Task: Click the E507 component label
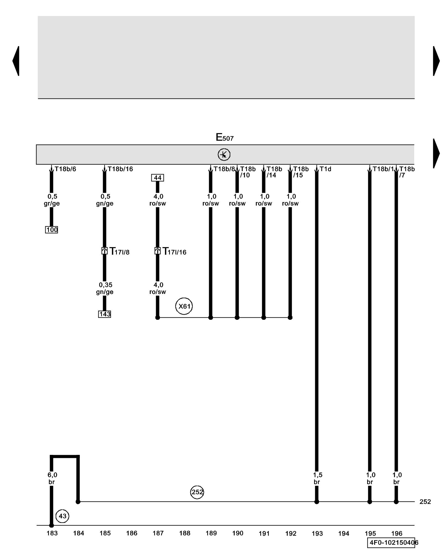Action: [224, 137]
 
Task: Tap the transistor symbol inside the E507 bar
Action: [224, 155]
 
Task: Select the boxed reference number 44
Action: [157, 178]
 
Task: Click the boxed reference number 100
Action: [52, 230]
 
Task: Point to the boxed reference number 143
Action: [104, 314]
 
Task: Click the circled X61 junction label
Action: [184, 306]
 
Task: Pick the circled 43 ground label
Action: [62, 516]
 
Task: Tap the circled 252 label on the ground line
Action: [197, 492]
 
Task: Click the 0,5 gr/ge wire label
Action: [52, 200]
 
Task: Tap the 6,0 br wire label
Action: [52, 478]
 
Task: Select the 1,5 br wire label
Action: [317, 478]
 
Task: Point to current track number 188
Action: [185, 533]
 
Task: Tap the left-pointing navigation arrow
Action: [16, 61]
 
